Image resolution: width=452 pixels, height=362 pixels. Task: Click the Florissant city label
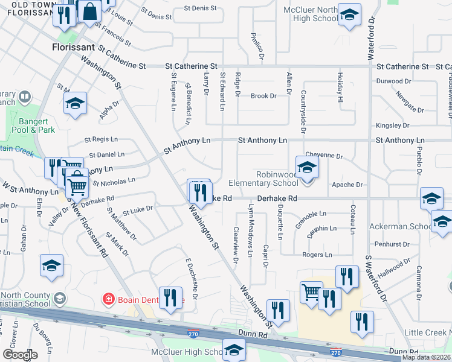click(73, 46)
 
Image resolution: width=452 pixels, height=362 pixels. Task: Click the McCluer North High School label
click(311, 14)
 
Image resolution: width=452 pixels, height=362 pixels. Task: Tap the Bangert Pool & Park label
click(33, 125)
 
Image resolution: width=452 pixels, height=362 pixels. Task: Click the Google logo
click(20, 355)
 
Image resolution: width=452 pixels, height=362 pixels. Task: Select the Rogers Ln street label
click(317, 255)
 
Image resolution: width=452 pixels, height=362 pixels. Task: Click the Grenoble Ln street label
click(311, 213)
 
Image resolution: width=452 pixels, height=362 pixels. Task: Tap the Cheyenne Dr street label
click(324, 155)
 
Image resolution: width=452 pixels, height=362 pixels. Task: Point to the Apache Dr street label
click(347, 185)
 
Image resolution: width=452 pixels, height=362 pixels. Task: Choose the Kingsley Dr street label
click(392, 125)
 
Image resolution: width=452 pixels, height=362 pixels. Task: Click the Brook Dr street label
click(263, 95)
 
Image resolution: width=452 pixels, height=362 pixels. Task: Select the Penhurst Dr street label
click(393, 244)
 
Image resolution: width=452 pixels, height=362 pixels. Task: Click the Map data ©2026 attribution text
click(427, 357)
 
